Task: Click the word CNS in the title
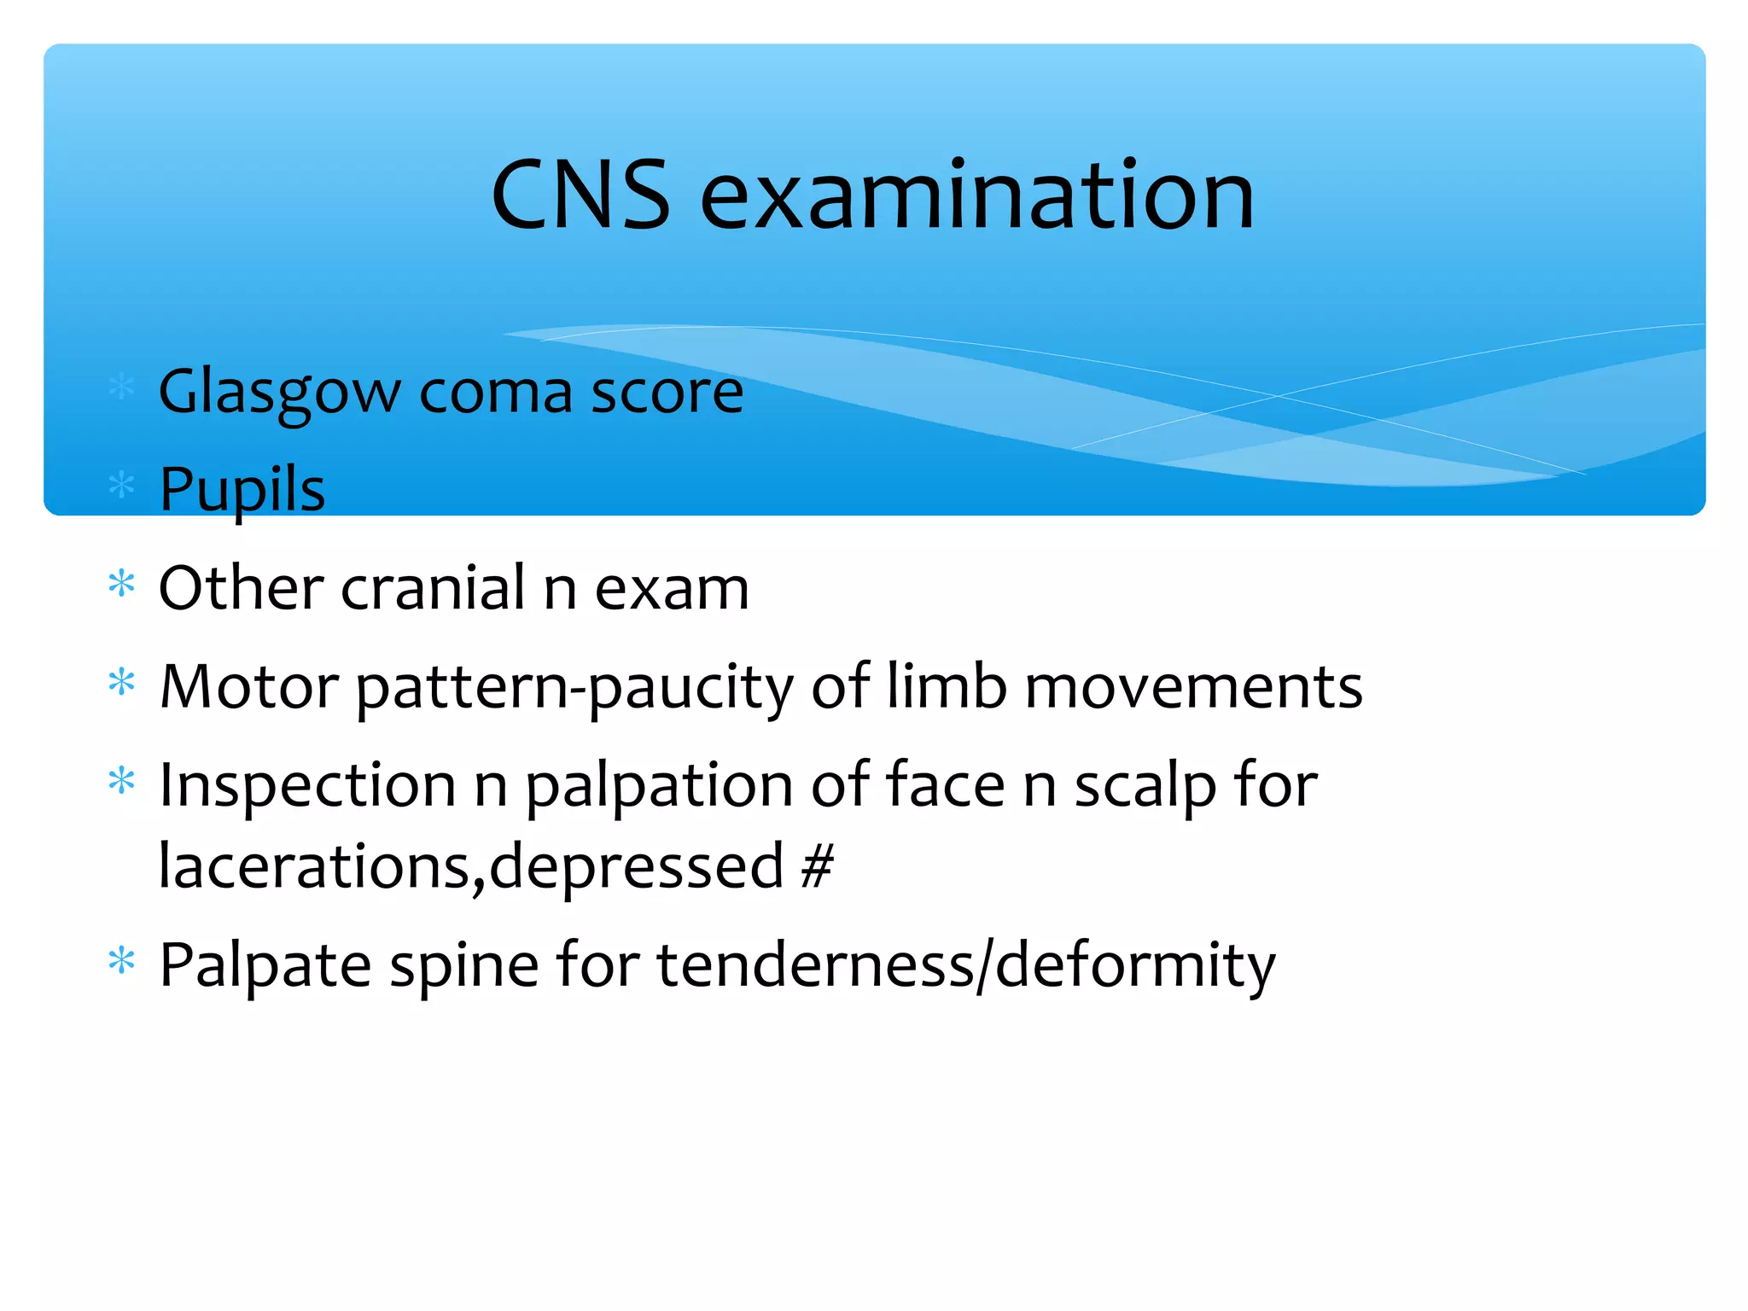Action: click(x=581, y=196)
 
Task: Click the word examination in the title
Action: click(x=977, y=196)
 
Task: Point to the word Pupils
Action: click(x=242, y=490)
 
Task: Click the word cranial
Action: click(x=434, y=588)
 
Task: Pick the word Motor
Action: click(x=249, y=687)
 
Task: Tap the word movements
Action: click(x=1193, y=688)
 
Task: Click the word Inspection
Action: click(x=307, y=786)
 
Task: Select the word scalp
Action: click(x=1145, y=786)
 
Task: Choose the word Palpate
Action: click(x=265, y=966)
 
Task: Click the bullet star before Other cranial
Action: click(x=122, y=585)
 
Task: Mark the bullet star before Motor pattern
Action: click(x=122, y=683)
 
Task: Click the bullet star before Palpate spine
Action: click(x=122, y=962)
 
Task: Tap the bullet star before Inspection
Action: click(x=122, y=781)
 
